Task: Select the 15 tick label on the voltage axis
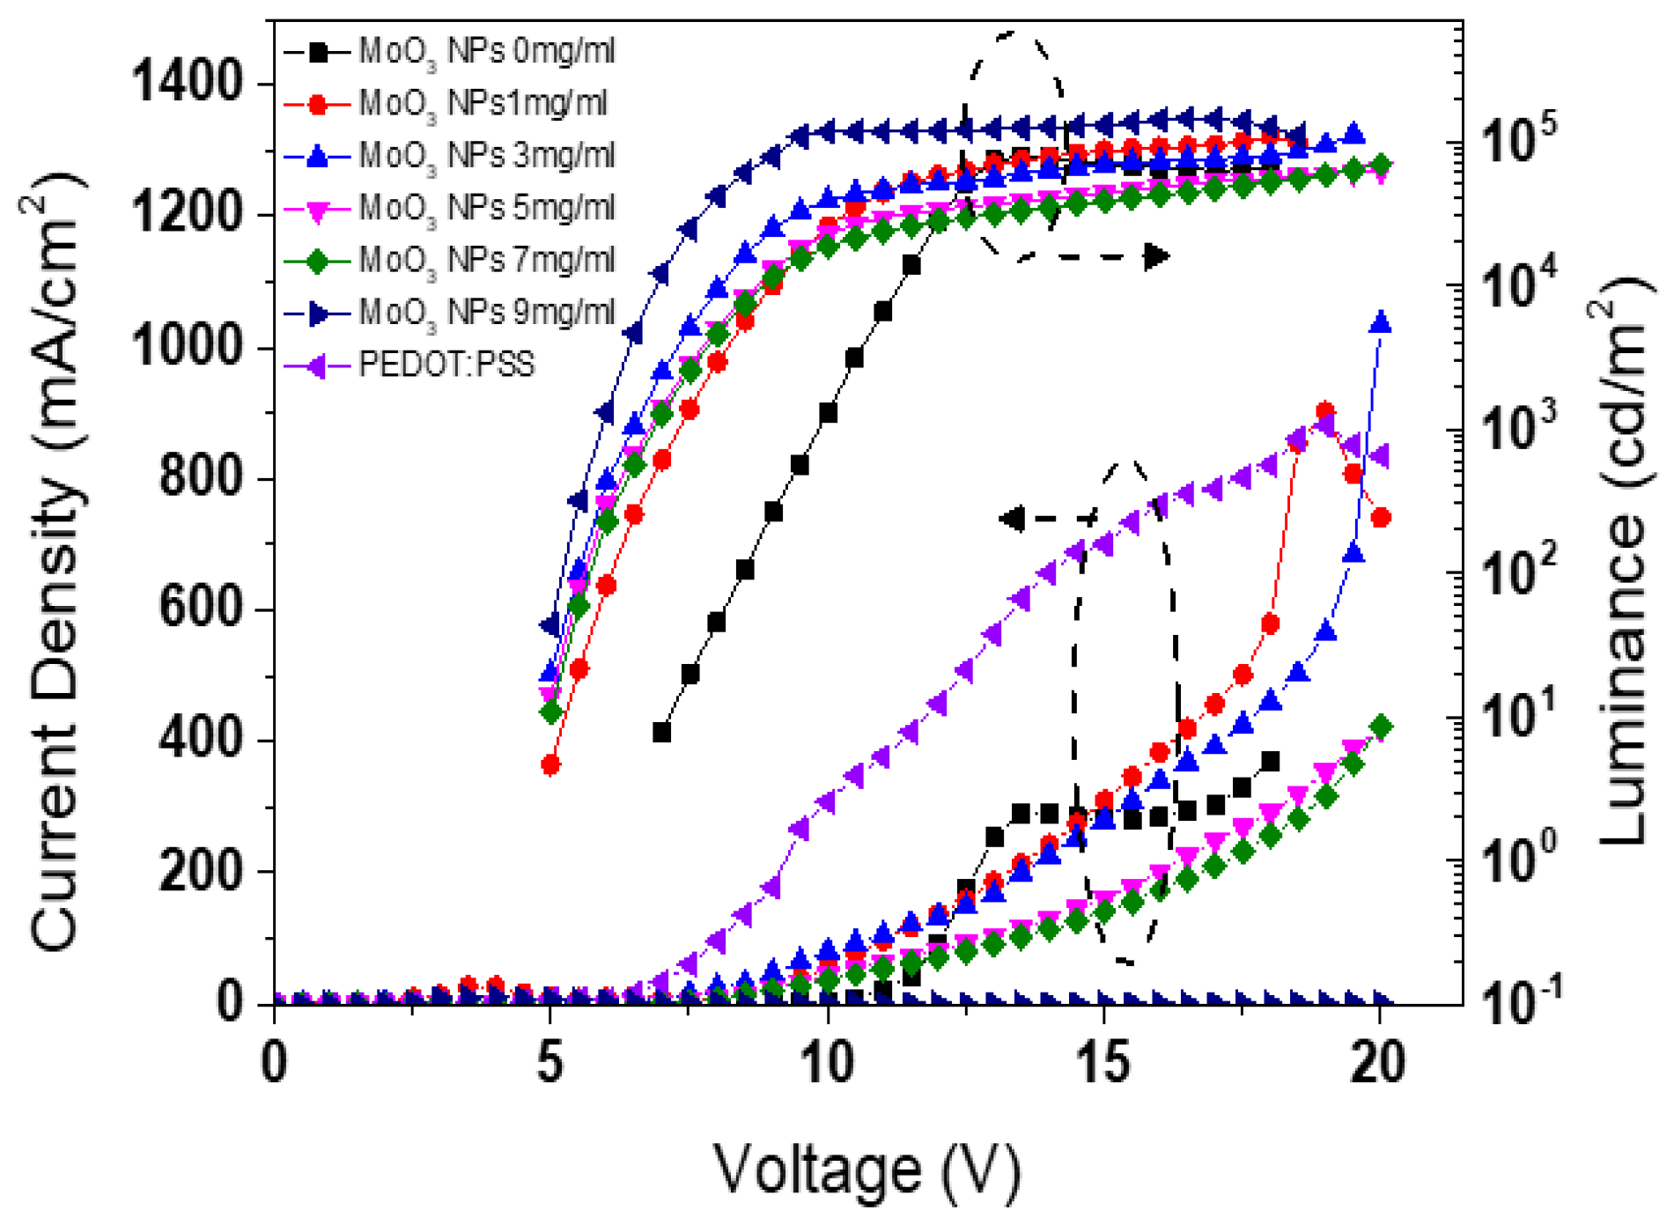point(1102,1063)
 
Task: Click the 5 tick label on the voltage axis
point(549,1063)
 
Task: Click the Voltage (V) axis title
point(866,1170)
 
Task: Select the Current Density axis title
point(58,564)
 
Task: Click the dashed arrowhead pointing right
point(1156,256)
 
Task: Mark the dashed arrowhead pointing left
point(1013,519)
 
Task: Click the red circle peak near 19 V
point(1325,411)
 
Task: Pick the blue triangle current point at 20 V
point(1381,323)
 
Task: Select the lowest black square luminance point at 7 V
point(662,732)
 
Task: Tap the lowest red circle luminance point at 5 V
point(551,765)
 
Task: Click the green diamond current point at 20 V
point(1382,727)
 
